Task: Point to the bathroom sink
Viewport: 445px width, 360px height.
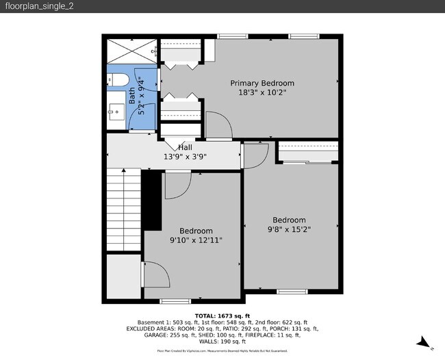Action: click(x=116, y=110)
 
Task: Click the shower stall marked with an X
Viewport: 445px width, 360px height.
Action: click(x=130, y=50)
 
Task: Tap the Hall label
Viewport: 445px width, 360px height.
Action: click(x=185, y=147)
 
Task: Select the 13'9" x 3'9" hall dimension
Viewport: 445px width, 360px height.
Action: click(x=185, y=157)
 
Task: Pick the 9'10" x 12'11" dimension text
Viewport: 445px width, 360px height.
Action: click(x=196, y=240)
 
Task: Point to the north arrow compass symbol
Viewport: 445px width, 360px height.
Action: click(x=424, y=342)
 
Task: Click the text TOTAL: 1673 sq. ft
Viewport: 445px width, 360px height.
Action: click(x=222, y=315)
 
